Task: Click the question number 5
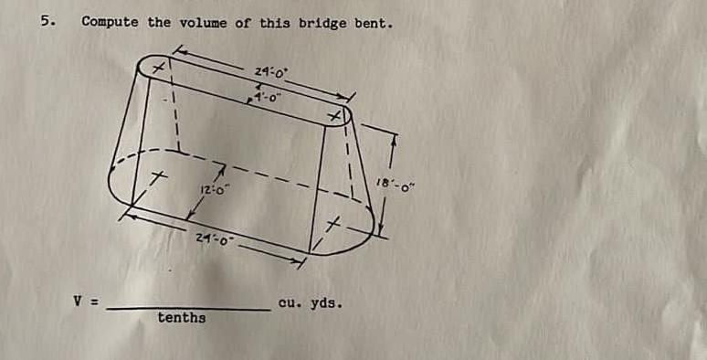46,19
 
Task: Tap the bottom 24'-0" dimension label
216,238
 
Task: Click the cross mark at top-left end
157,67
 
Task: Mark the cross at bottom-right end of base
336,224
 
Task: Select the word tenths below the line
182,318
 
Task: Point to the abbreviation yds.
326,302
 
